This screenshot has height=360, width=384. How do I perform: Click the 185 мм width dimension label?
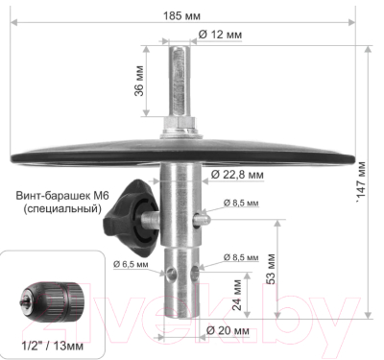181,15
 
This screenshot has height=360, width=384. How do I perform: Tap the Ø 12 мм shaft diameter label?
220,35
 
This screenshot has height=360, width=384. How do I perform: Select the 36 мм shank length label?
139,81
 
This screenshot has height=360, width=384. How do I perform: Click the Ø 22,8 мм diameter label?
237,175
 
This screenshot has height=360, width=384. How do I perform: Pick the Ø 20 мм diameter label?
228,330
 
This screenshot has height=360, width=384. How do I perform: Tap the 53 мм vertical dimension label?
271,269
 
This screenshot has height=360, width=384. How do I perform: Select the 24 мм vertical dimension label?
237,295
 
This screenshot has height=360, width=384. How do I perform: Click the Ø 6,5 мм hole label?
131,264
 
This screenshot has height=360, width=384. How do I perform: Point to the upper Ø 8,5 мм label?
241,203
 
